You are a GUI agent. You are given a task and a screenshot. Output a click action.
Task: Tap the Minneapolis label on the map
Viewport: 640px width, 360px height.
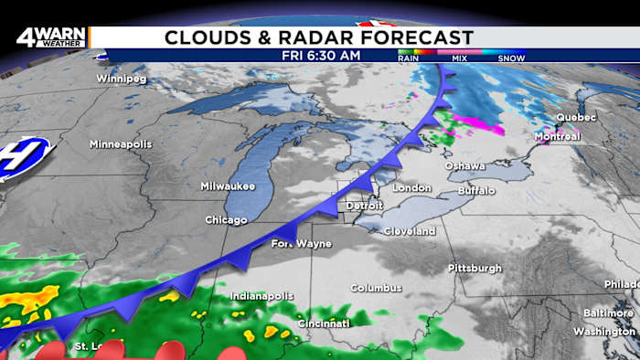click(x=121, y=144)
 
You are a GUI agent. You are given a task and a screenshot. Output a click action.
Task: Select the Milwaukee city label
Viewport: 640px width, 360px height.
click(x=228, y=186)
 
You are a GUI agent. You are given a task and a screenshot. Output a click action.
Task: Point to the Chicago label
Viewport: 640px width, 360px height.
click(x=226, y=220)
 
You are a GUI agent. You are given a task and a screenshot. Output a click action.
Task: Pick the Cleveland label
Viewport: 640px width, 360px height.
click(x=409, y=232)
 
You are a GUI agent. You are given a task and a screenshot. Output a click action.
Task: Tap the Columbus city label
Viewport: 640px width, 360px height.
click(x=376, y=288)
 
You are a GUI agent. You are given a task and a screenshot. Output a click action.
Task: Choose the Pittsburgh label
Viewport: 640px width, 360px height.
click(x=475, y=268)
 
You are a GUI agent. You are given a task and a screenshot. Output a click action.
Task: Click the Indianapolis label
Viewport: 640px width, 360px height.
click(x=261, y=296)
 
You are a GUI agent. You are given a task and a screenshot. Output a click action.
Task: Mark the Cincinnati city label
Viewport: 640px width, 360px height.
click(x=323, y=323)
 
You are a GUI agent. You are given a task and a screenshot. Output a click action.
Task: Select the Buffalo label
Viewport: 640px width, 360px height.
click(x=476, y=190)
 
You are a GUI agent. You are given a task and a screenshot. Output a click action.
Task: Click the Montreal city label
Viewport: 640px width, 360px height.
click(x=557, y=137)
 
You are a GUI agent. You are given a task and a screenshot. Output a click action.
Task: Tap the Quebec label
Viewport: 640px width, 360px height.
click(x=576, y=118)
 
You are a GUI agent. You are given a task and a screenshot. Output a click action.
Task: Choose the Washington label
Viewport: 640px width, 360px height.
click(x=604, y=331)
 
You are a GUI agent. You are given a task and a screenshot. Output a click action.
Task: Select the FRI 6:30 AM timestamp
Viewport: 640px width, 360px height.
click(x=320, y=56)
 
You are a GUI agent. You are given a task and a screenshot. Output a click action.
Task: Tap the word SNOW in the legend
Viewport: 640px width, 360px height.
click(x=511, y=58)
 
